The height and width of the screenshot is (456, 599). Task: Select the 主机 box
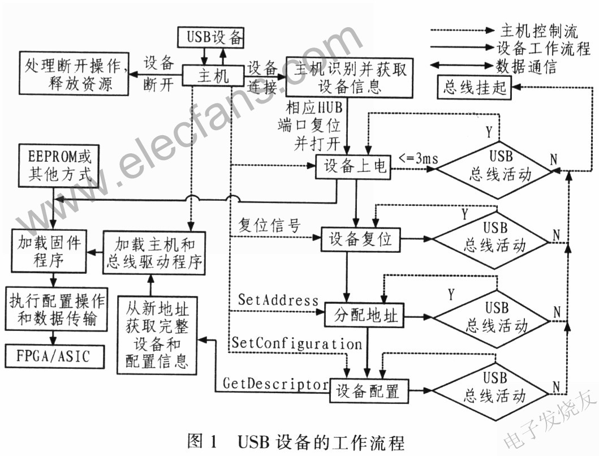pos(213,75)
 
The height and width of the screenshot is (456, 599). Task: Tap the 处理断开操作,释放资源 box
pos(73,74)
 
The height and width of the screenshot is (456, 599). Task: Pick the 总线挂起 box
pos(473,88)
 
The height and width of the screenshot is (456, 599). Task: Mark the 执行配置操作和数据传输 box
pos(52,311)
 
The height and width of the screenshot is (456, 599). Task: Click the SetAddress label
pos(278,299)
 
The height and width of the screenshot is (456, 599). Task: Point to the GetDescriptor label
pos(275,384)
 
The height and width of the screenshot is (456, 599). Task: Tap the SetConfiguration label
pos(296,343)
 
